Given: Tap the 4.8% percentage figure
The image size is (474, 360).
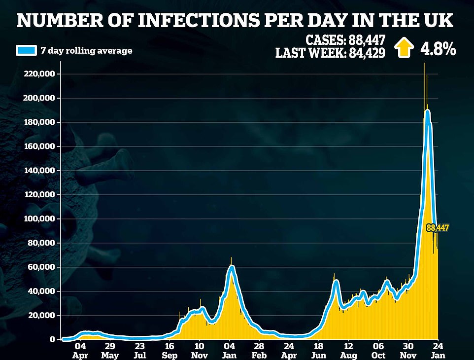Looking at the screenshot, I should (438, 49).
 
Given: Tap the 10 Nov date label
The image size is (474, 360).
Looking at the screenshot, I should (199, 350).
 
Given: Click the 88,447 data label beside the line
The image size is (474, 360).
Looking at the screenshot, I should (438, 228).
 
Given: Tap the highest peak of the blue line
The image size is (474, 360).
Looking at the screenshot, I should (427, 112).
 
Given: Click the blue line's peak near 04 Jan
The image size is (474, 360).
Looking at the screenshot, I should (231, 268).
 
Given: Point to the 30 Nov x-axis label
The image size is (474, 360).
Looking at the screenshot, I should (408, 350).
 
